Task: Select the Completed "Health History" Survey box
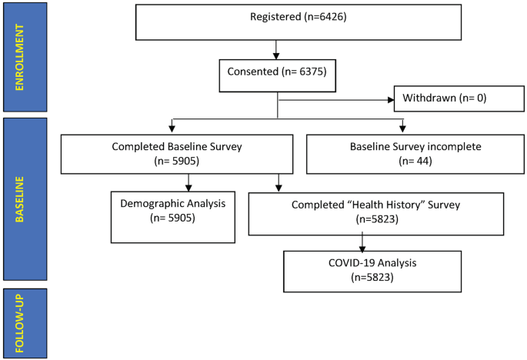(375, 213)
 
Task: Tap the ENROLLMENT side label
(25, 57)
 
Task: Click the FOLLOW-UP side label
(25, 323)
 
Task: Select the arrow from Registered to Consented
(275, 49)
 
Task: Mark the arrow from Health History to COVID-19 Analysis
(362, 242)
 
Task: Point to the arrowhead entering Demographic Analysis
(189, 187)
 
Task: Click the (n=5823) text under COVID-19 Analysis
(372, 277)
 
